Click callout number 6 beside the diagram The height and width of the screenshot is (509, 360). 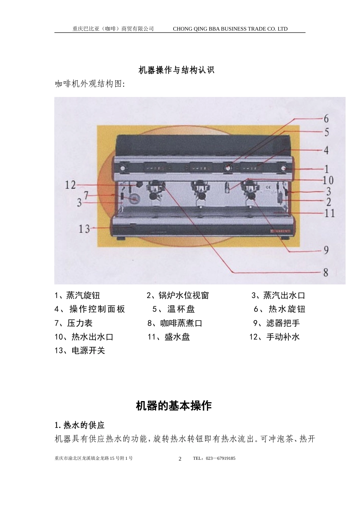(326, 119)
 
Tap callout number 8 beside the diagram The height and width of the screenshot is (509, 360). (326, 272)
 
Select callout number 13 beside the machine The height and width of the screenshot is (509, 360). (84, 229)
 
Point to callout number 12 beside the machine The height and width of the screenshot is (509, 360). (70, 185)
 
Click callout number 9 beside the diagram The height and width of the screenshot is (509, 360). (326, 250)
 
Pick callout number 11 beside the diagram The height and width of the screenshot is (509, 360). (330, 213)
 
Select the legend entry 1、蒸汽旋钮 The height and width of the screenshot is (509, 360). (77, 295)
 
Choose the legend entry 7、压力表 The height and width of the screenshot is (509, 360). (74, 323)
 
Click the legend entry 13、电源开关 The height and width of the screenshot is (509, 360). (80, 350)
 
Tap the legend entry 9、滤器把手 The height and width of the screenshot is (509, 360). (277, 323)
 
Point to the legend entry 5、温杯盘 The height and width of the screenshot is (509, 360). (174, 309)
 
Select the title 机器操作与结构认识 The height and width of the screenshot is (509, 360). (176, 70)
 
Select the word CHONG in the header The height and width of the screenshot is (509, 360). (180, 29)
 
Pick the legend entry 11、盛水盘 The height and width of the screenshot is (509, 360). (169, 337)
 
